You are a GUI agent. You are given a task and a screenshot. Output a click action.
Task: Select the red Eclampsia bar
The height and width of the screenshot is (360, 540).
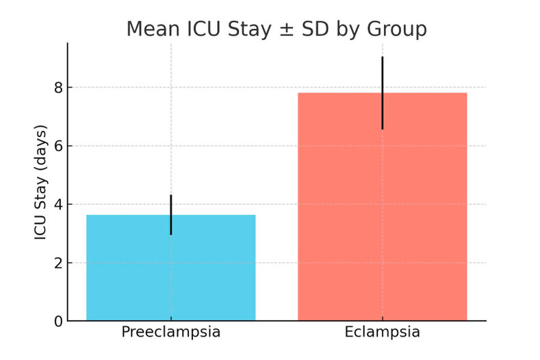pyautogui.click(x=382, y=219)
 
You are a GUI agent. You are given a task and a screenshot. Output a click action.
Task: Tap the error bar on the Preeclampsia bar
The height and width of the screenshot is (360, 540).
pyautogui.click(x=171, y=214)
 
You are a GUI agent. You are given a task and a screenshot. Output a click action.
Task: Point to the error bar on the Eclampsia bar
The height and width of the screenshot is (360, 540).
pyautogui.click(x=382, y=92)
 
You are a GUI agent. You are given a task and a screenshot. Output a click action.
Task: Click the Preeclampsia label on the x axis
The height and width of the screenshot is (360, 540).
pyautogui.click(x=170, y=333)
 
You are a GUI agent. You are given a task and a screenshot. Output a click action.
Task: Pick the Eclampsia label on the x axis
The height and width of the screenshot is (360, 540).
pyautogui.click(x=382, y=333)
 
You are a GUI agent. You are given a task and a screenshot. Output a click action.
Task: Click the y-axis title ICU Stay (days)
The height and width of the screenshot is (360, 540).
pyautogui.click(x=41, y=181)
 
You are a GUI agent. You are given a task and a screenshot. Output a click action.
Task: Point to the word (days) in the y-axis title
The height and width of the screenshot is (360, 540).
pyautogui.click(x=41, y=148)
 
